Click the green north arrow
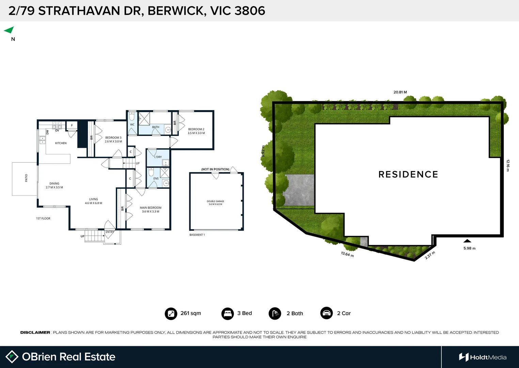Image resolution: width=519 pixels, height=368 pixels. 9,30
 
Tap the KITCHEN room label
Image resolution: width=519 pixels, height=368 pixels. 61,143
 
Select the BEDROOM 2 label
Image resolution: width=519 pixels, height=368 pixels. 196,129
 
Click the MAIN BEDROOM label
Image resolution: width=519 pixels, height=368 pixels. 151,208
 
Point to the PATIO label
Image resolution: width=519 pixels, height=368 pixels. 26,178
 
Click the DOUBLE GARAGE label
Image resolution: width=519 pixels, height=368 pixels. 215,201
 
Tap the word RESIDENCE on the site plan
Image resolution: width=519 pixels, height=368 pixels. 408,174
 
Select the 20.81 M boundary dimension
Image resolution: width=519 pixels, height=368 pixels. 400,92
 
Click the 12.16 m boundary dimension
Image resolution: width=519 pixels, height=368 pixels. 508,166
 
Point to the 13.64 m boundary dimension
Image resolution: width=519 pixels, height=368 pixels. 347,254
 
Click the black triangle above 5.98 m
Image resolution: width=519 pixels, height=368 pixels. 467,241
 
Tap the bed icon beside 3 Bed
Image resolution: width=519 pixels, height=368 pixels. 227,313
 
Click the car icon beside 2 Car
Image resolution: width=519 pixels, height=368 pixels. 326,313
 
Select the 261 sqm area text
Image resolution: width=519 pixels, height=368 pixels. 191,313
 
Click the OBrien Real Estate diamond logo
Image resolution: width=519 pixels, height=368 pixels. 12,357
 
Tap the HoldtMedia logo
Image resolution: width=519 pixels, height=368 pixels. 483,357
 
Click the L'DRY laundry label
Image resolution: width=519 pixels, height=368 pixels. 158,157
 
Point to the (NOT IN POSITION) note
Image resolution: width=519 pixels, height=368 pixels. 215,169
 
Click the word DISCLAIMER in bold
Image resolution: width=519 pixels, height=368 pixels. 35,333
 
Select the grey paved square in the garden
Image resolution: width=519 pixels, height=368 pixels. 299,190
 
